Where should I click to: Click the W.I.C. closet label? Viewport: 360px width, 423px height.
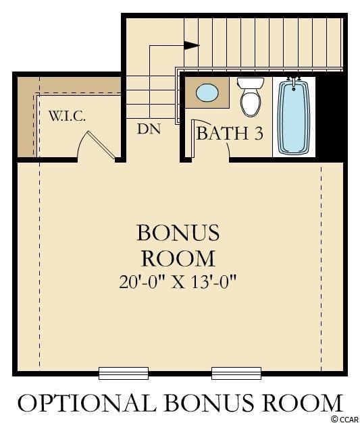click(x=68, y=116)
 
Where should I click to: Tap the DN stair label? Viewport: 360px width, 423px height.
click(x=149, y=129)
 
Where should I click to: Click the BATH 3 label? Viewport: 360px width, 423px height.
click(x=230, y=134)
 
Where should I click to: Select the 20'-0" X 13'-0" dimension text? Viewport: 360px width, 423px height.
click(x=178, y=283)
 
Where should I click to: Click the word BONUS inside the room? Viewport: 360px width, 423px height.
click(x=178, y=233)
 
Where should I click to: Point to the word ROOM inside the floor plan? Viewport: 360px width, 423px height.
click(x=178, y=258)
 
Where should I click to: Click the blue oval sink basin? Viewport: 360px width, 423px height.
click(x=207, y=92)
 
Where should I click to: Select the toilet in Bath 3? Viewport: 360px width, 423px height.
click(x=251, y=96)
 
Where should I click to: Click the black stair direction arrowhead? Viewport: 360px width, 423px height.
click(x=192, y=45)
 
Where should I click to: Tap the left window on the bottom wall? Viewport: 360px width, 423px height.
click(x=124, y=373)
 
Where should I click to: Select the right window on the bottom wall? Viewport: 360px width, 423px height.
click(x=236, y=373)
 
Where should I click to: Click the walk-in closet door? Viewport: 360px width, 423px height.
click(x=101, y=144)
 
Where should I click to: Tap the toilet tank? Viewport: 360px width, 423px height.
click(x=251, y=83)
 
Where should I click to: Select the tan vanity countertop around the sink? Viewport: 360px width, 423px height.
click(x=207, y=93)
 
